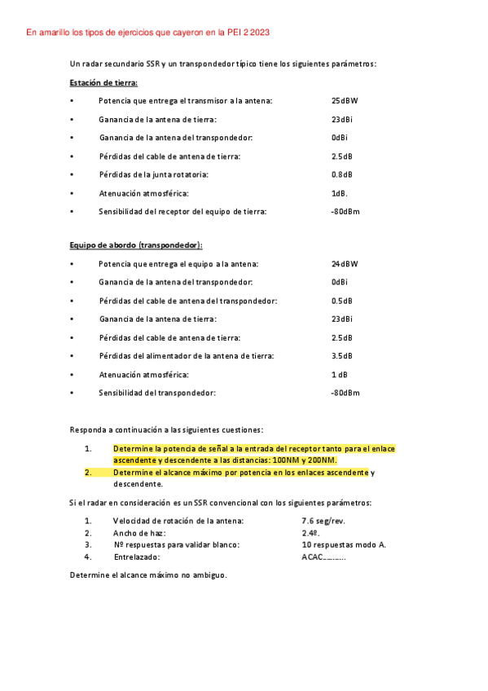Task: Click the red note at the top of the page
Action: tap(148, 33)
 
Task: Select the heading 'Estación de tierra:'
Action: tap(104, 82)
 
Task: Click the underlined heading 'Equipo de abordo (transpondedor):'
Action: tap(136, 245)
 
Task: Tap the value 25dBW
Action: tap(345, 101)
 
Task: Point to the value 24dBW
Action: tap(345, 264)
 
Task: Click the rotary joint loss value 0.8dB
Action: tap(342, 174)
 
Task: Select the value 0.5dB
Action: tap(342, 301)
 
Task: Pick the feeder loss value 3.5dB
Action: tap(342, 356)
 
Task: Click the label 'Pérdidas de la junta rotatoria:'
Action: tap(154, 174)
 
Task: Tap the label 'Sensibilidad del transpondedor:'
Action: tap(157, 393)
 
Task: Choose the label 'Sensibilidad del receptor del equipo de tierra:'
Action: tap(182, 211)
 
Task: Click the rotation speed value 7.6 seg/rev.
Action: tap(323, 520)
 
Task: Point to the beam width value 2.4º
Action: tap(310, 533)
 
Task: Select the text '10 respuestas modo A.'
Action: tap(344, 545)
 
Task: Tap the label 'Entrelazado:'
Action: tap(137, 557)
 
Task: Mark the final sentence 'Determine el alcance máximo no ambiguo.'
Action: tap(148, 576)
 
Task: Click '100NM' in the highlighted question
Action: tap(283, 460)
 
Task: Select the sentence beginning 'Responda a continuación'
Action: tap(166, 429)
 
